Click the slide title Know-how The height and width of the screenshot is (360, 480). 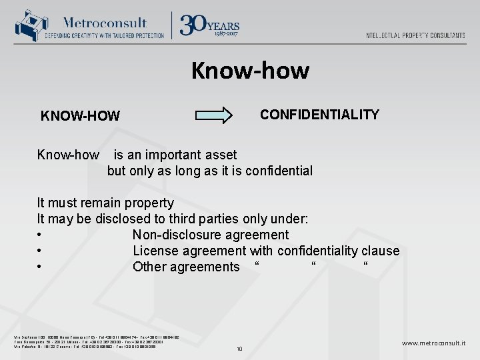250,70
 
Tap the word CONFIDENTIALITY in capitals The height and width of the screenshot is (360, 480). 319,115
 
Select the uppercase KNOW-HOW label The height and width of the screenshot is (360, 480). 80,117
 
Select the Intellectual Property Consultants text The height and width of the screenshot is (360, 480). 415,35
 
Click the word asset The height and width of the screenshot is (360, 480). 217,155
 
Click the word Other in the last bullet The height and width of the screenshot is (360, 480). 149,267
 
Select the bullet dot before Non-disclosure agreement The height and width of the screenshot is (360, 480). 41,235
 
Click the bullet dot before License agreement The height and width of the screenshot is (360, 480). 41,251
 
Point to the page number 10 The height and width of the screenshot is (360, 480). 239,349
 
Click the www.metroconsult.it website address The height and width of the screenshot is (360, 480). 433,343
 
